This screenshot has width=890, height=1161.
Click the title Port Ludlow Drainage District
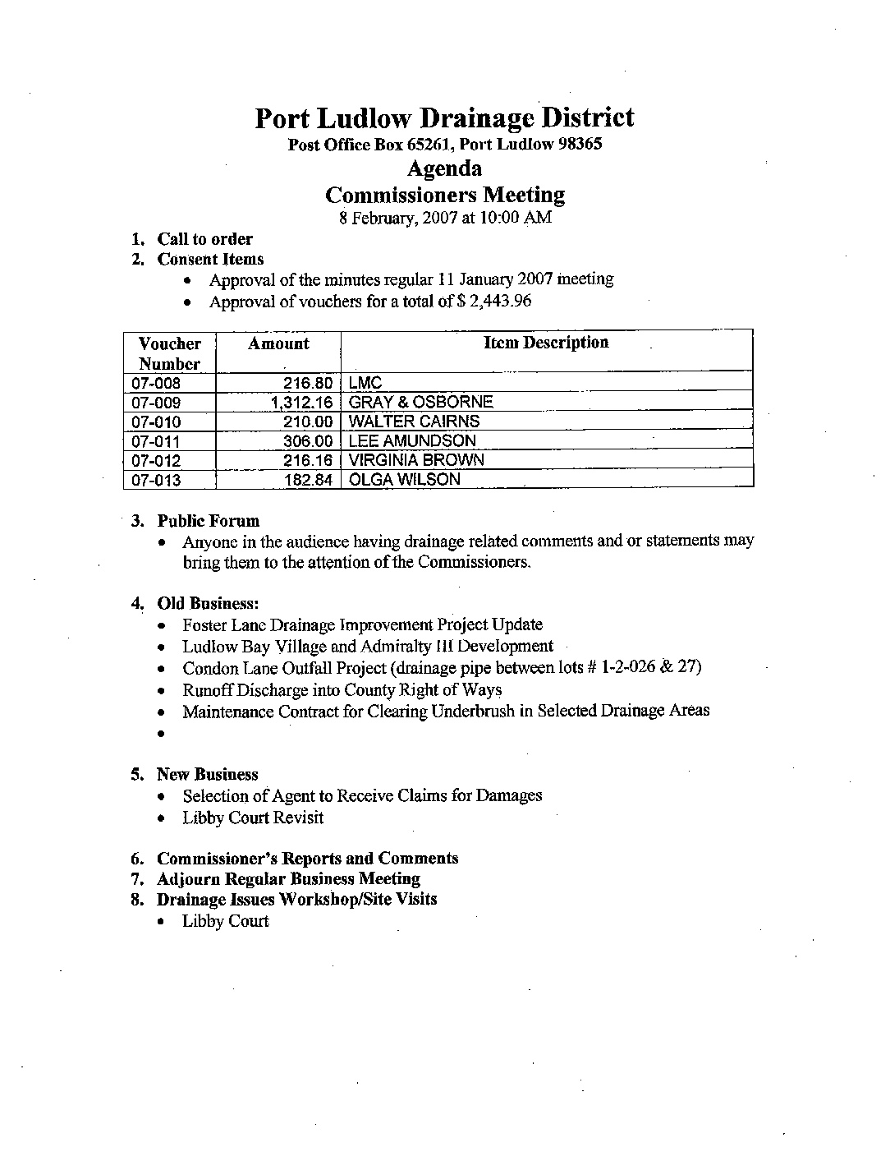[x=444, y=118]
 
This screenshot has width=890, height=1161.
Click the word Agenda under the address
[x=444, y=169]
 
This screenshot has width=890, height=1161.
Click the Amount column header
[x=278, y=344]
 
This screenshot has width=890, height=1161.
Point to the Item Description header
[x=546, y=343]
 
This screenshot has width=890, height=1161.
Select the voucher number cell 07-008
[x=156, y=384]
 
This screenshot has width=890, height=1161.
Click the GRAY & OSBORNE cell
[x=420, y=402]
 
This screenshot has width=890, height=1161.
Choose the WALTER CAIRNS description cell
[x=414, y=422]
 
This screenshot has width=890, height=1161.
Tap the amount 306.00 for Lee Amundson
[x=308, y=441]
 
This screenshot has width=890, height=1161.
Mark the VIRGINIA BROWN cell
[x=416, y=460]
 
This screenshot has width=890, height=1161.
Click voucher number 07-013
[x=156, y=481]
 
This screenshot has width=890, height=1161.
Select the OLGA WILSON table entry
[x=404, y=480]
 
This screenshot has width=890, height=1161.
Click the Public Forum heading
[x=208, y=521]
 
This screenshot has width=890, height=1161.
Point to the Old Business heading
[x=208, y=604]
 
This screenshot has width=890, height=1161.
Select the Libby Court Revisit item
[x=253, y=818]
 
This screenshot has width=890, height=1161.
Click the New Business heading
[x=207, y=775]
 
